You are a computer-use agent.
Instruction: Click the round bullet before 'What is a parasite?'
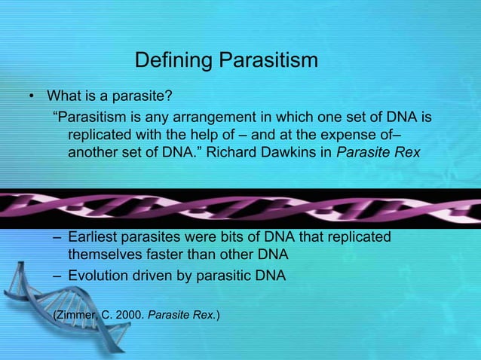pos(31,97)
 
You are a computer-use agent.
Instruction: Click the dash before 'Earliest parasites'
pos(57,238)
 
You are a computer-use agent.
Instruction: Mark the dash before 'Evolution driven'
pos(57,276)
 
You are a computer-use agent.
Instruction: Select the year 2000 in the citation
pos(130,312)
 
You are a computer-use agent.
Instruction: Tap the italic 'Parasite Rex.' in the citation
pos(182,312)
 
